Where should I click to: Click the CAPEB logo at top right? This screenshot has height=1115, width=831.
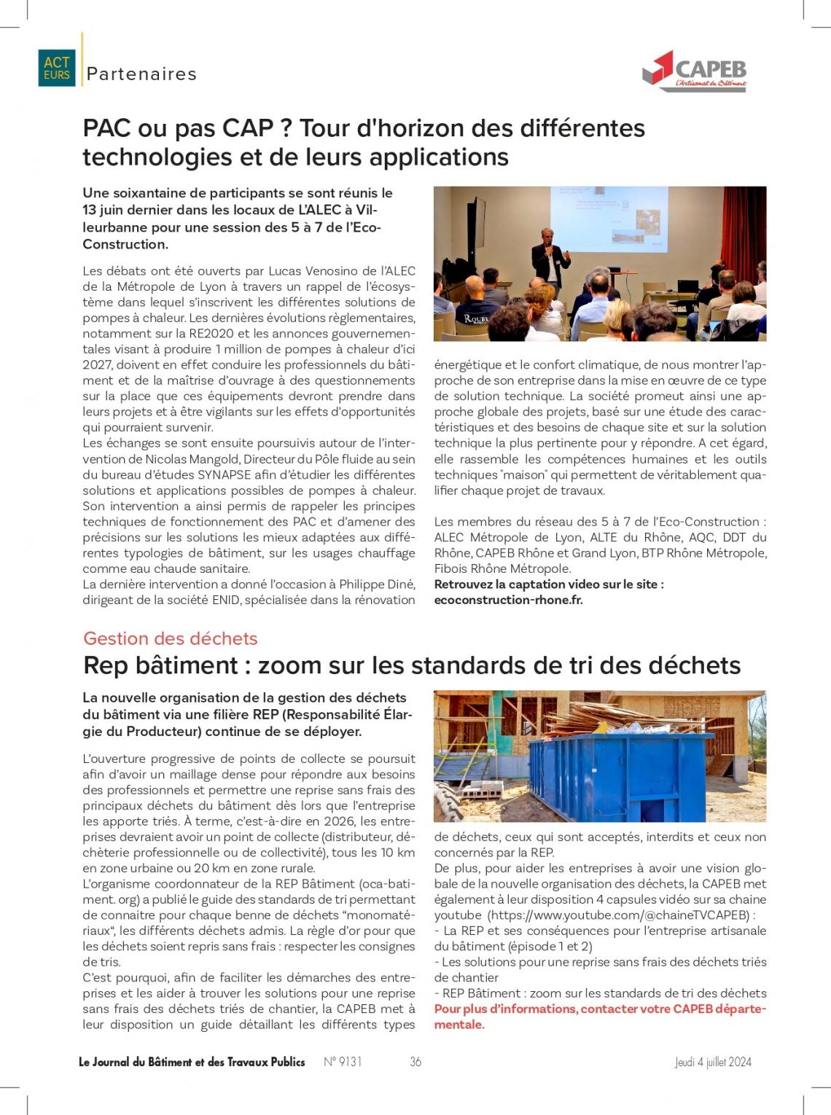click(x=695, y=71)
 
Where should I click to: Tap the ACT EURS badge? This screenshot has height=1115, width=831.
click(x=57, y=69)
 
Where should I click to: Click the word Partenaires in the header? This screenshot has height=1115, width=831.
click(x=141, y=74)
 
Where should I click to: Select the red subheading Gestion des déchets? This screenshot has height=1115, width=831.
click(x=171, y=638)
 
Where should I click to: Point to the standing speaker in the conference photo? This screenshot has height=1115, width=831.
click(x=550, y=262)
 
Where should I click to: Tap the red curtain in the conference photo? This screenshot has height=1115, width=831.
click(x=744, y=233)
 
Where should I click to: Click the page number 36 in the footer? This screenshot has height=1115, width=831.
click(x=415, y=1062)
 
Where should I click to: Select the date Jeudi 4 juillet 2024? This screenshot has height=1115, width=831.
click(x=712, y=1062)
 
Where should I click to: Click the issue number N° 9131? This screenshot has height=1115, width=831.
click(x=343, y=1062)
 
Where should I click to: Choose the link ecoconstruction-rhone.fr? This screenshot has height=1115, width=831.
click(x=508, y=600)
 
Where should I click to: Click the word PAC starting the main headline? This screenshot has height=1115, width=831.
click(x=106, y=128)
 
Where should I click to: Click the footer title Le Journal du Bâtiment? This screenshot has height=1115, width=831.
click(x=192, y=1062)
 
